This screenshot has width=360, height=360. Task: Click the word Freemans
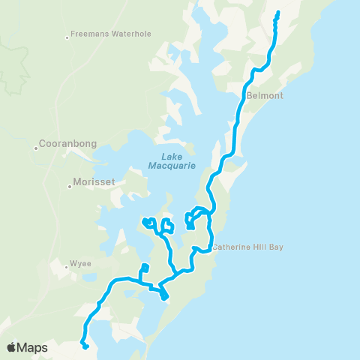click(x=88, y=34)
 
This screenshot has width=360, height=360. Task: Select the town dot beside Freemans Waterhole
click(x=67, y=35)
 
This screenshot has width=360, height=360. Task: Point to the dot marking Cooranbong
click(x=35, y=148)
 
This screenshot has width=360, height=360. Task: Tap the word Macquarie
click(x=178, y=165)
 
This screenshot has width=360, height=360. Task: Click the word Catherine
click(x=231, y=246)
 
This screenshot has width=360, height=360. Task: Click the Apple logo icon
click(x=12, y=347)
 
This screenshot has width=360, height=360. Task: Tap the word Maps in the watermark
click(x=33, y=347)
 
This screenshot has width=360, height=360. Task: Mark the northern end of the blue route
click(x=277, y=12)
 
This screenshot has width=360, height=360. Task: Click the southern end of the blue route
click(x=87, y=347)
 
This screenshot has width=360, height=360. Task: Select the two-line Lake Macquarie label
click(x=178, y=160)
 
